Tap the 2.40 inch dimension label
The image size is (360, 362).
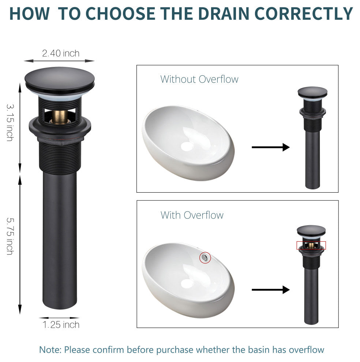(x=61, y=53)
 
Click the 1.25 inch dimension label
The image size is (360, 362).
(x=61, y=325)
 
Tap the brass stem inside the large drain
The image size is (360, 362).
(x=60, y=117)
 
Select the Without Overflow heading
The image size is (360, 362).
(x=199, y=79)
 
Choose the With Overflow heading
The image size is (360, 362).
(x=192, y=215)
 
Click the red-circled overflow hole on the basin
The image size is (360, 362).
(x=205, y=258)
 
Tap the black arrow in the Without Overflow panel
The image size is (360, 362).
(x=271, y=147)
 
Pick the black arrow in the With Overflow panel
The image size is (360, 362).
(x=271, y=290)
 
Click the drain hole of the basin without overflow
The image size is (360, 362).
(x=186, y=146)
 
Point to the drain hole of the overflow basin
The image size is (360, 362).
(x=186, y=284)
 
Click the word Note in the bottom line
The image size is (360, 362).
(x=50, y=350)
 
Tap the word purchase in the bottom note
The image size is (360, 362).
(x=175, y=350)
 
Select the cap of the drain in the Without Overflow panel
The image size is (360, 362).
(x=312, y=93)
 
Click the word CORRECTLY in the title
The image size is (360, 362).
(x=304, y=14)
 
